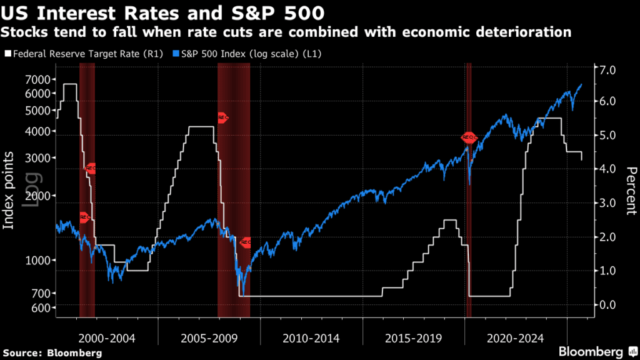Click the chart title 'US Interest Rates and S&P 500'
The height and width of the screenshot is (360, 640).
164,12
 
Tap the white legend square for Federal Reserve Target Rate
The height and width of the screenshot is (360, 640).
7,54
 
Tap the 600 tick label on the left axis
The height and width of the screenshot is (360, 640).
39,308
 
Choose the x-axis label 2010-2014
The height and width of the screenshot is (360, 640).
311,339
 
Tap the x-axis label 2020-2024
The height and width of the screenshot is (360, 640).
516,339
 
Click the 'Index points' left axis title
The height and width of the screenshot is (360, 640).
9,191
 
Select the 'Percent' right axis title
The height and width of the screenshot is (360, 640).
631,191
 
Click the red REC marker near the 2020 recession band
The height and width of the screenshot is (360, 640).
469,137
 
